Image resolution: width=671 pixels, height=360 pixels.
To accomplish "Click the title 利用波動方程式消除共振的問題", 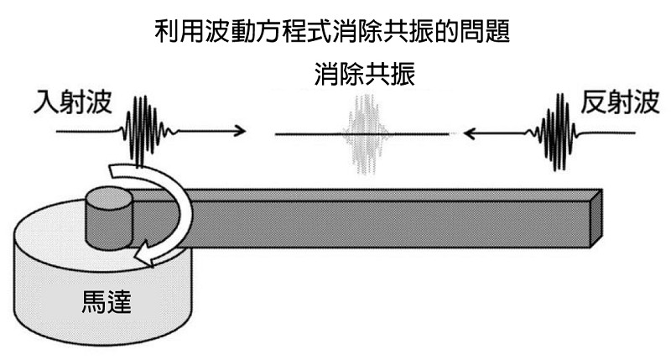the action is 332,31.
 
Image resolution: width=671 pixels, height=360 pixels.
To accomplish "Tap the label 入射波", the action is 73,102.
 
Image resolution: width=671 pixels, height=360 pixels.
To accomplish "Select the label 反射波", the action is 620,102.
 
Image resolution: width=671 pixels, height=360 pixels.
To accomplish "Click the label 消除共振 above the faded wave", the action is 365,74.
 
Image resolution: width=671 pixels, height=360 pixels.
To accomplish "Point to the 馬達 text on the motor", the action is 107,301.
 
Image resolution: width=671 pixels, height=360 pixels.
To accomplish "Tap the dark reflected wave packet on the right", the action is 556,132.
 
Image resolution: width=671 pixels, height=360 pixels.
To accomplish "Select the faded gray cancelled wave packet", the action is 365,134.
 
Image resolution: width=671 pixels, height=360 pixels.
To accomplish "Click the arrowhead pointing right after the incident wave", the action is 240,131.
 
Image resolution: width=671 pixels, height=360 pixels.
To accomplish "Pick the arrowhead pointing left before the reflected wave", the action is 470,133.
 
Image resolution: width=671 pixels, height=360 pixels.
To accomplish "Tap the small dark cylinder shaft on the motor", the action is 109,219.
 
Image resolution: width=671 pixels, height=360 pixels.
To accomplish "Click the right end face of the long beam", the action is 596,218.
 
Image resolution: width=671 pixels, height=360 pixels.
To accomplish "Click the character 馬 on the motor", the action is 94,301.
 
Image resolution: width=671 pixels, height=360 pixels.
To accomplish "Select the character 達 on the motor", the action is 119,301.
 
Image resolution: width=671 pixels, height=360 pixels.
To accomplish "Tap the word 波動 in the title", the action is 231,31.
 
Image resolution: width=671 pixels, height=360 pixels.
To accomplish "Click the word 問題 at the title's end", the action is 485,31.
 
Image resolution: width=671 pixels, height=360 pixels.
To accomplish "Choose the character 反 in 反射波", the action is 594,102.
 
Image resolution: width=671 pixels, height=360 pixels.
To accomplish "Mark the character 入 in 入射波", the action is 46,102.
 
